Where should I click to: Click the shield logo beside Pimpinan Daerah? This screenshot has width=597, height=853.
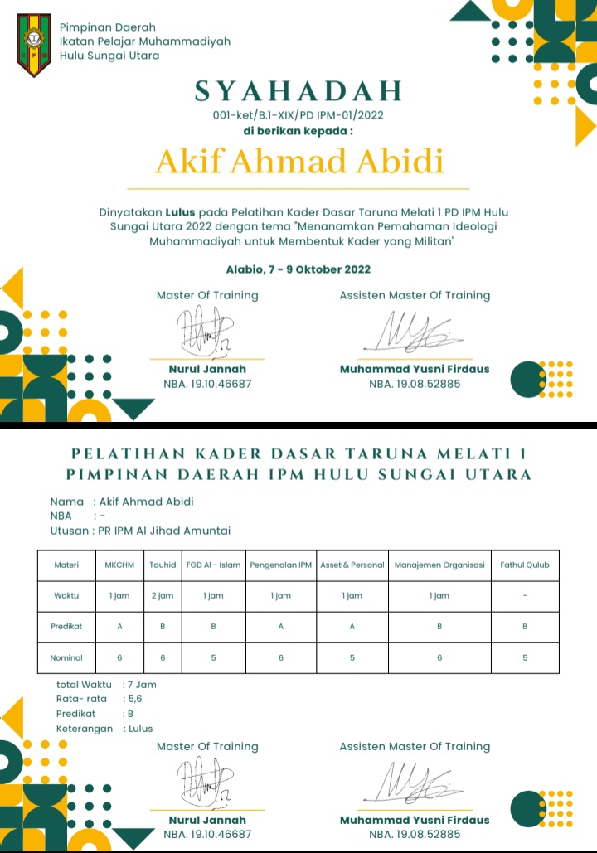(34, 44)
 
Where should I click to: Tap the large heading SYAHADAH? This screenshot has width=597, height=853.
(298, 90)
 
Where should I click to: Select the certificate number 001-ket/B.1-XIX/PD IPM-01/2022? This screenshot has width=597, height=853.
(298, 115)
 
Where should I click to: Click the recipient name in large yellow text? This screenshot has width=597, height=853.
(299, 162)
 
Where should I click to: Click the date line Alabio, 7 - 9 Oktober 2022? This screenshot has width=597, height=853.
(298, 269)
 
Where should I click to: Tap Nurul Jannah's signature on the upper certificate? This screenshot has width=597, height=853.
(206, 332)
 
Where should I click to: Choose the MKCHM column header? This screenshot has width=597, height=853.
(119, 565)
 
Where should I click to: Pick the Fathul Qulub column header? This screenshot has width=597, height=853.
(525, 565)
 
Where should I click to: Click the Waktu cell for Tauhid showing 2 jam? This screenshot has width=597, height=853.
(162, 595)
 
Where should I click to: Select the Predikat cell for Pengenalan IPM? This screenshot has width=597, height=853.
(281, 627)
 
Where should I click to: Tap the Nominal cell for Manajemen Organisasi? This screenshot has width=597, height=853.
(439, 657)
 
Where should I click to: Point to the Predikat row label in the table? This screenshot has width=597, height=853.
(66, 627)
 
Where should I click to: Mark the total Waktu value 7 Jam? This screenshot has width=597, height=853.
(141, 685)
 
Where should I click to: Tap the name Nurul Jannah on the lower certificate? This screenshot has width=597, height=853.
(207, 820)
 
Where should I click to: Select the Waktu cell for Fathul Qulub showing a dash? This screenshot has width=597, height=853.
(525, 595)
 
